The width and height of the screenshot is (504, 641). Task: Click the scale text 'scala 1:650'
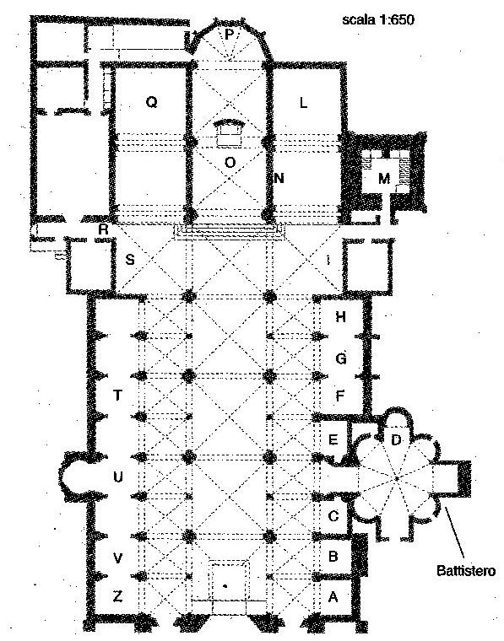point(378,19)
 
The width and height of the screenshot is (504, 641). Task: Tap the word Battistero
point(466,570)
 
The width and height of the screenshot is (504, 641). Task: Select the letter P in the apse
point(229,35)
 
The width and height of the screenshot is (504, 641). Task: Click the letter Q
point(151,102)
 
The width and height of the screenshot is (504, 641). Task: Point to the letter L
point(303,103)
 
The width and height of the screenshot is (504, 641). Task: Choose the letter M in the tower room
point(384,178)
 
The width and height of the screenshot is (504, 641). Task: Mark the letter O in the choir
point(230,163)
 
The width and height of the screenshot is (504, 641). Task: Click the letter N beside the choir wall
point(279,178)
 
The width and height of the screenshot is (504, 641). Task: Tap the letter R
point(104,229)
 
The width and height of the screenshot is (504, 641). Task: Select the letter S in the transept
point(130,259)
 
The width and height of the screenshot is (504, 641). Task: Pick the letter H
point(340,316)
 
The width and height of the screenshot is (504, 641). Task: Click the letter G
point(341,358)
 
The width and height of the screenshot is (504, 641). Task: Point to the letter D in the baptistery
point(396,440)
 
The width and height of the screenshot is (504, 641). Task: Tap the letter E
point(333,439)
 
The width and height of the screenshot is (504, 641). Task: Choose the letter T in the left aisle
point(118,396)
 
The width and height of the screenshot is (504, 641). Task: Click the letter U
point(118,477)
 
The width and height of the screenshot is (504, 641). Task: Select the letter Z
point(117,597)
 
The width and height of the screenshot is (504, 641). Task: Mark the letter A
point(333,597)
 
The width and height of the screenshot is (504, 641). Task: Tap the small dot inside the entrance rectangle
point(225,586)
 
